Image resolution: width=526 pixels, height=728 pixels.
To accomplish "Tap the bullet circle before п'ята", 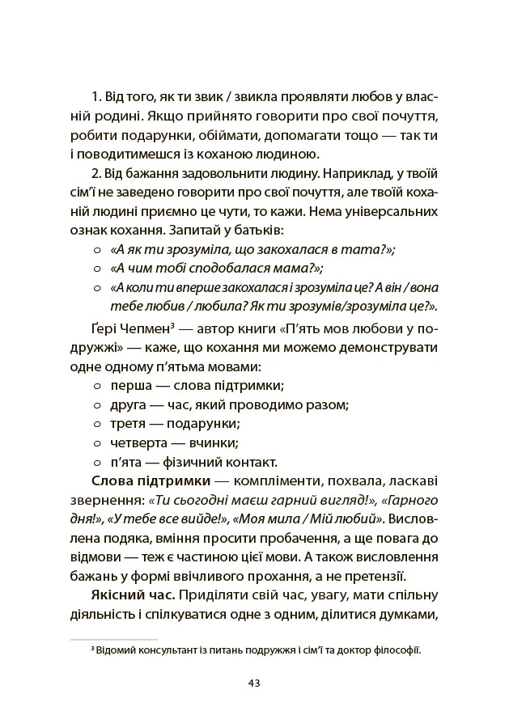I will [98, 463].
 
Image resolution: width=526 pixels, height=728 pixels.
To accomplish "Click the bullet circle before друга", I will [98, 404].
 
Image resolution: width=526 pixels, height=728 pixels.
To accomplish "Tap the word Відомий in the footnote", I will [114, 650].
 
